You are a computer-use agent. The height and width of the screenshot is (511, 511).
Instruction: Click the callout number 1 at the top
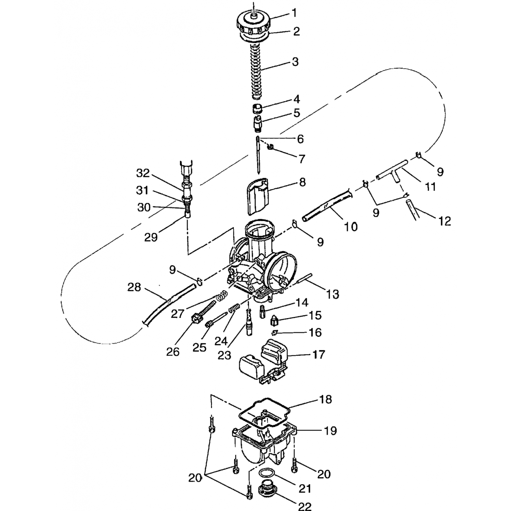[294, 13]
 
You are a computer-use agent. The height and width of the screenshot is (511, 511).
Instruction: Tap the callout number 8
[303, 182]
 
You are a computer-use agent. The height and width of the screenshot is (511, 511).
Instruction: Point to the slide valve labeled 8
[258, 196]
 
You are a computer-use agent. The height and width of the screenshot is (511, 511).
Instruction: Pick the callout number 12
[445, 221]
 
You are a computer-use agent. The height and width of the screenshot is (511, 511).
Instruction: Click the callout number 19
[330, 431]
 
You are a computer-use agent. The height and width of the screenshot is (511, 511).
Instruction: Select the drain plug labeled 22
[267, 489]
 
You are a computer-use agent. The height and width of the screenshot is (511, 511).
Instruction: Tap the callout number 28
[134, 287]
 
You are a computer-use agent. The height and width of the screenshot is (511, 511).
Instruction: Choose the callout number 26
[173, 352]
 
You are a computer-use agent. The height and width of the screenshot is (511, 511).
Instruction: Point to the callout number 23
[224, 355]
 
